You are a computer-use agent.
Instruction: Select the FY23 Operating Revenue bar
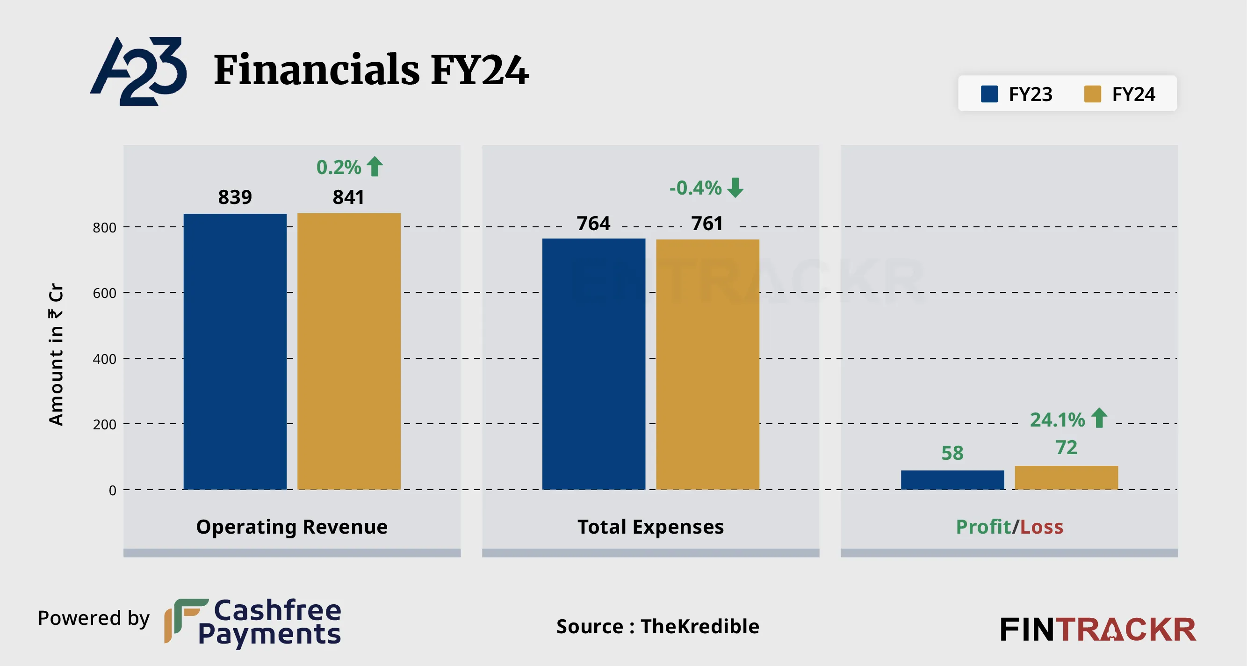point(235,351)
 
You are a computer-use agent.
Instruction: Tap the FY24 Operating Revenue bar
point(348,351)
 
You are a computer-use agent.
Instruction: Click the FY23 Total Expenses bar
point(593,363)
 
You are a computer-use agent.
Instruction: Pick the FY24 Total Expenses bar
point(707,363)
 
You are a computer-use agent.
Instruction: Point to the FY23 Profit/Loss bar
point(952,479)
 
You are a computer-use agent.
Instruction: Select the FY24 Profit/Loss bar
point(1066,478)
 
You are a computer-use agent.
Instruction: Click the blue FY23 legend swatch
point(989,94)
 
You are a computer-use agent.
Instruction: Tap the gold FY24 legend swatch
point(1093,94)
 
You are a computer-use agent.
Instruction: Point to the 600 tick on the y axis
point(105,293)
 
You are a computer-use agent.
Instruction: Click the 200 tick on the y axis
point(105,425)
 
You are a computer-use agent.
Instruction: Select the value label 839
point(235,197)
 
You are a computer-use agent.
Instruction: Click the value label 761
point(707,223)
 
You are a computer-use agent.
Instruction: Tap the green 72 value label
point(1066,448)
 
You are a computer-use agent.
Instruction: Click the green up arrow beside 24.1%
point(1099,418)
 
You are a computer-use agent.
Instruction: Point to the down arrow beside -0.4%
point(735,188)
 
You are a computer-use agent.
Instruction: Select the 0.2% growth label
point(339,167)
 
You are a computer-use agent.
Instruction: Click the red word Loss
point(1041,527)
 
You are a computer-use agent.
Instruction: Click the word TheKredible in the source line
point(699,626)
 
